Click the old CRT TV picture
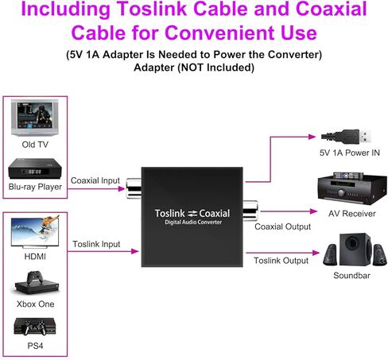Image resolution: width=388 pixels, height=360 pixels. coord(35,118)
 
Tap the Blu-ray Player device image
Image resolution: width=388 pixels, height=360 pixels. coord(35,168)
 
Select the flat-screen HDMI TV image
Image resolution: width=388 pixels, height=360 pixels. coord(35,232)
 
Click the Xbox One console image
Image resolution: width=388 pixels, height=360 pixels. coord(37,283)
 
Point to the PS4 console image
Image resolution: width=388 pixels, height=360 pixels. coord(35,327)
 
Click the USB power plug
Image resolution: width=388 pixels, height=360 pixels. coord(346,137)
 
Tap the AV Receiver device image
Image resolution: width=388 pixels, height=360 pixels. coord(352,188)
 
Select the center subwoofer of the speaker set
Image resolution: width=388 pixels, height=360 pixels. coord(355,249)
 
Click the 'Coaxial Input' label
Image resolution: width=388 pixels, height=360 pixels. coord(95,180)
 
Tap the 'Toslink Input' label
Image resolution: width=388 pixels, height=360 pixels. coord(96,244)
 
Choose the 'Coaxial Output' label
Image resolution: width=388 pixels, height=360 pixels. coord(282,226)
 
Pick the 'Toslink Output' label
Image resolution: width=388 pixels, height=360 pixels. coord(281,261)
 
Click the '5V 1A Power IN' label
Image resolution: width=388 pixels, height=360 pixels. coord(350,153)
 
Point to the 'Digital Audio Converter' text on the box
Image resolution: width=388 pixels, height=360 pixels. coord(193,223)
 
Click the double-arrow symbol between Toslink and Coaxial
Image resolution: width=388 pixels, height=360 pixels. coord(192,214)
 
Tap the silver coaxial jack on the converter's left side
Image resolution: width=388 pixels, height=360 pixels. coord(134,188)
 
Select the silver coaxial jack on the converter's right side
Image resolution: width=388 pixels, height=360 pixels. coord(250,211)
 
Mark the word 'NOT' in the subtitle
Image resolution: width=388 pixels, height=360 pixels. coord(192,68)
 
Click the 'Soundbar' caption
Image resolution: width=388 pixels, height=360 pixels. coord(351,276)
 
